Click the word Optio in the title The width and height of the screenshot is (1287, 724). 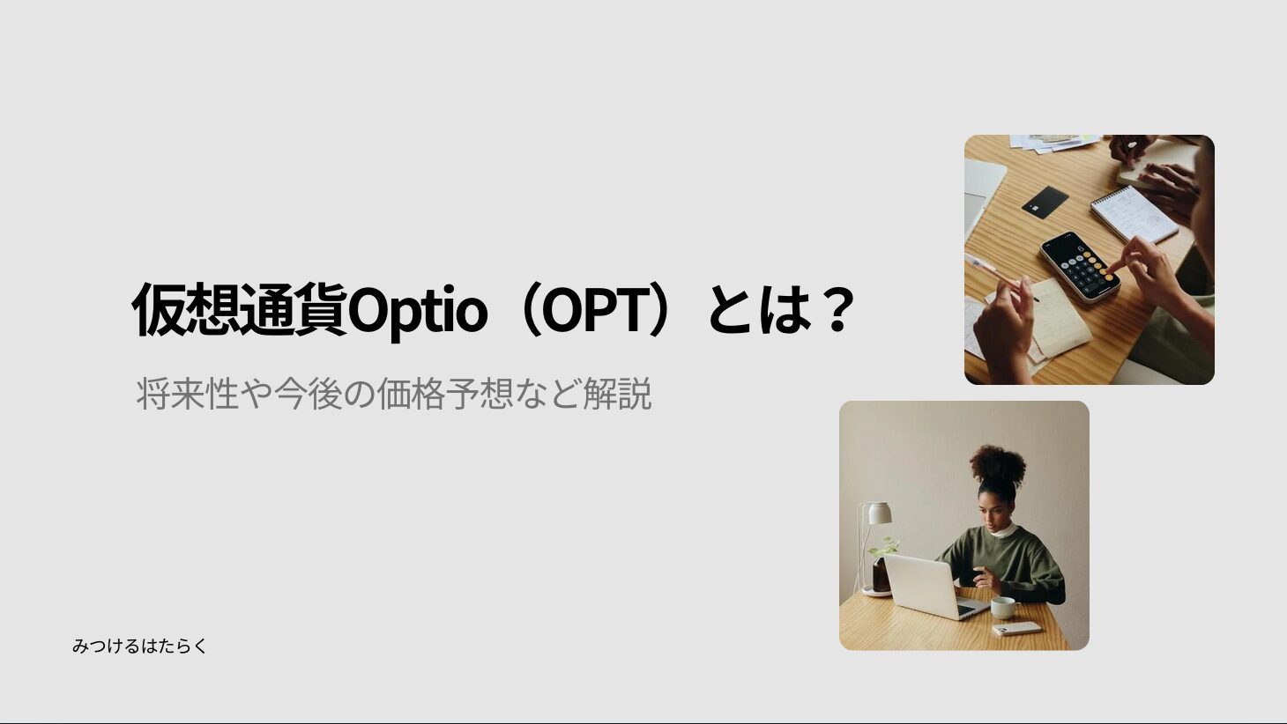tap(417, 311)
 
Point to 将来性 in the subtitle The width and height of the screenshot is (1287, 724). tap(187, 394)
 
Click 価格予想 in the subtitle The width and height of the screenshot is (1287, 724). tap(444, 394)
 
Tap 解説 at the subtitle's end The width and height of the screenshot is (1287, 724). tap(618, 394)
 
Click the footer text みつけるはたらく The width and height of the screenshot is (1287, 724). tap(139, 646)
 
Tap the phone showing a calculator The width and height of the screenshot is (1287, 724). tap(1080, 266)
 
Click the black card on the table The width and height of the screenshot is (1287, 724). tap(1045, 202)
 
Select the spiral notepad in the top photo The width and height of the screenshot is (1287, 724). tap(1134, 213)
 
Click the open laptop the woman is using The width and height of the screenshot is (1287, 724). tap(934, 587)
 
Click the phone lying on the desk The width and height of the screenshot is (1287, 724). tap(1017, 629)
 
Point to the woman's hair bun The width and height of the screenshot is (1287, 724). tap(998, 464)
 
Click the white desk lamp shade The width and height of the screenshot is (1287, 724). tap(879, 513)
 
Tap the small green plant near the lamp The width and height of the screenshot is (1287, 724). tap(883, 547)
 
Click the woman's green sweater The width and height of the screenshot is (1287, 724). tap(1011, 565)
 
